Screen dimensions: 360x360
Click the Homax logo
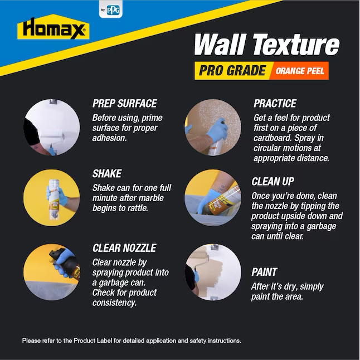click(53, 27)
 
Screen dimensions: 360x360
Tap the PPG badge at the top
click(111, 9)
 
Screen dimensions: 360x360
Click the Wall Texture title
click(266, 45)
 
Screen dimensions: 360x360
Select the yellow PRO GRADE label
click(232, 70)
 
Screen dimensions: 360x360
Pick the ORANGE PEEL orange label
click(300, 71)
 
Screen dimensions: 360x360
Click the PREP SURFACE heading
click(125, 104)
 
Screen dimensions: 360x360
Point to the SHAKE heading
click(107, 173)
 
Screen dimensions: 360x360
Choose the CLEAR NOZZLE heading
click(124, 248)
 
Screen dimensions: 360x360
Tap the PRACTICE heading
click(275, 104)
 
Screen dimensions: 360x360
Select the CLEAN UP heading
click(273, 182)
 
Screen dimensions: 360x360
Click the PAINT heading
click(264, 273)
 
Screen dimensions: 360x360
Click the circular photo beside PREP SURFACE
click(52, 128)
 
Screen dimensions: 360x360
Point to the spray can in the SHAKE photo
click(53, 199)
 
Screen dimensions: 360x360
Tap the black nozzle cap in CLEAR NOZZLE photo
click(56, 253)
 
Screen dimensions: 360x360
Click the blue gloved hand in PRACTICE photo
click(217, 130)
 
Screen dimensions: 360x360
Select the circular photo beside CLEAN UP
click(213, 198)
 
